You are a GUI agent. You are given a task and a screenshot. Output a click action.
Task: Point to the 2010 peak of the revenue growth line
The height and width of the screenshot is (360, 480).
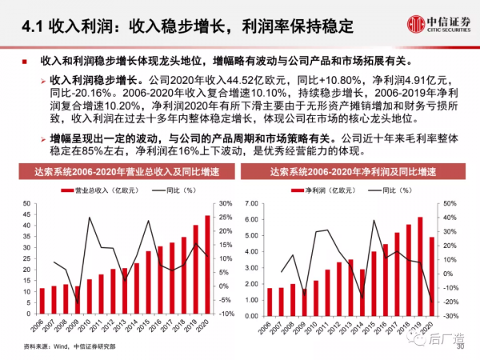[90, 218]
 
